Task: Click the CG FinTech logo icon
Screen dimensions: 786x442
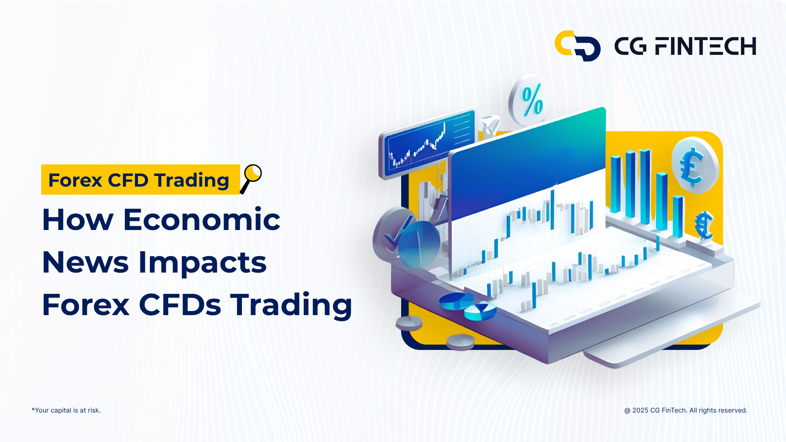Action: [x=577, y=46]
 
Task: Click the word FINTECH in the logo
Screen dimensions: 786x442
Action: [x=705, y=46]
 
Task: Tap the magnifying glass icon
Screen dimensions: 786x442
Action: [x=251, y=179]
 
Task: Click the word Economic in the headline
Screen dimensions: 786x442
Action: [x=202, y=220]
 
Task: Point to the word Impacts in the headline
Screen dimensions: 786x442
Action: [x=203, y=262]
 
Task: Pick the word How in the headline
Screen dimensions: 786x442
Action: [x=78, y=220]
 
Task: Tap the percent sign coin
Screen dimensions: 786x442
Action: [x=531, y=99]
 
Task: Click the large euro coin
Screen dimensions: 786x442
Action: [x=695, y=165]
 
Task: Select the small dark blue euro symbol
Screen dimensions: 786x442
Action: [x=704, y=226]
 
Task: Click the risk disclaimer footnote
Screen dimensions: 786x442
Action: [x=66, y=410]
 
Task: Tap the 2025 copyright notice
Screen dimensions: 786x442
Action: [x=686, y=410]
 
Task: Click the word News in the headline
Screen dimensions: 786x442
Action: [x=86, y=262]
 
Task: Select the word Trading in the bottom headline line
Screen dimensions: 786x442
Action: [x=291, y=305]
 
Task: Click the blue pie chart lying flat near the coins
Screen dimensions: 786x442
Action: [x=456, y=301]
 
